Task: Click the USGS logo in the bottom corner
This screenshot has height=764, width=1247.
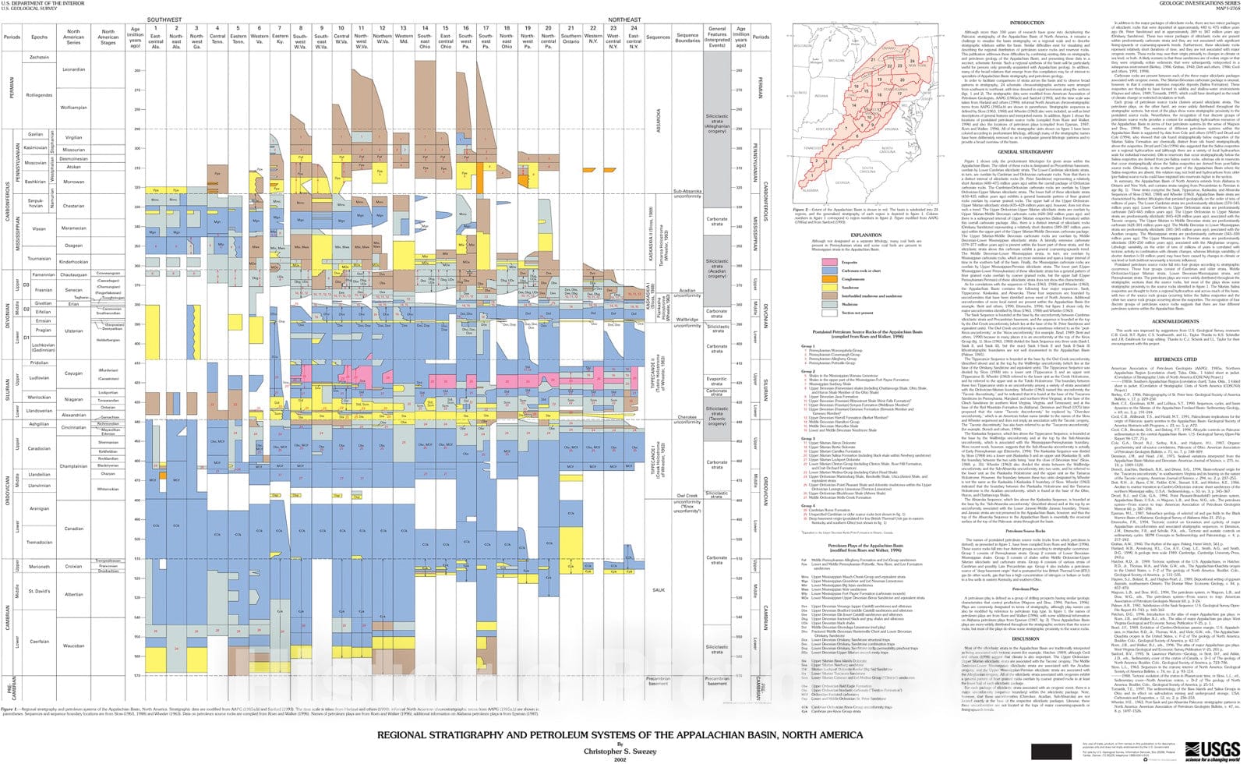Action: click(1211, 751)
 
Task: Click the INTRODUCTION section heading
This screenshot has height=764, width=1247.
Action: click(1026, 23)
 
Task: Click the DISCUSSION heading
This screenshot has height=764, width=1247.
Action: click(1026, 638)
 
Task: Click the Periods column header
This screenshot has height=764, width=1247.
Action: click(12, 37)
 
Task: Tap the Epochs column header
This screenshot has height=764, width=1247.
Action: click(39, 37)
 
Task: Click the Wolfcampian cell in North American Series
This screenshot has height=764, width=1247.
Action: click(73, 108)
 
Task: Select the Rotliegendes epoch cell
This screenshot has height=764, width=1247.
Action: click(39, 95)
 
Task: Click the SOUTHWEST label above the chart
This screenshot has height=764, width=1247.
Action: click(164, 19)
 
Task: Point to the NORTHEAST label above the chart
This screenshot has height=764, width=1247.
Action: click(624, 19)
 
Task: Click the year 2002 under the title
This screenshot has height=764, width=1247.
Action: click(620, 759)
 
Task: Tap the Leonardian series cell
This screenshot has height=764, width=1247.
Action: click(73, 69)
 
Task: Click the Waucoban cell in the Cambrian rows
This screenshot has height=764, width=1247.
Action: click(73, 646)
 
